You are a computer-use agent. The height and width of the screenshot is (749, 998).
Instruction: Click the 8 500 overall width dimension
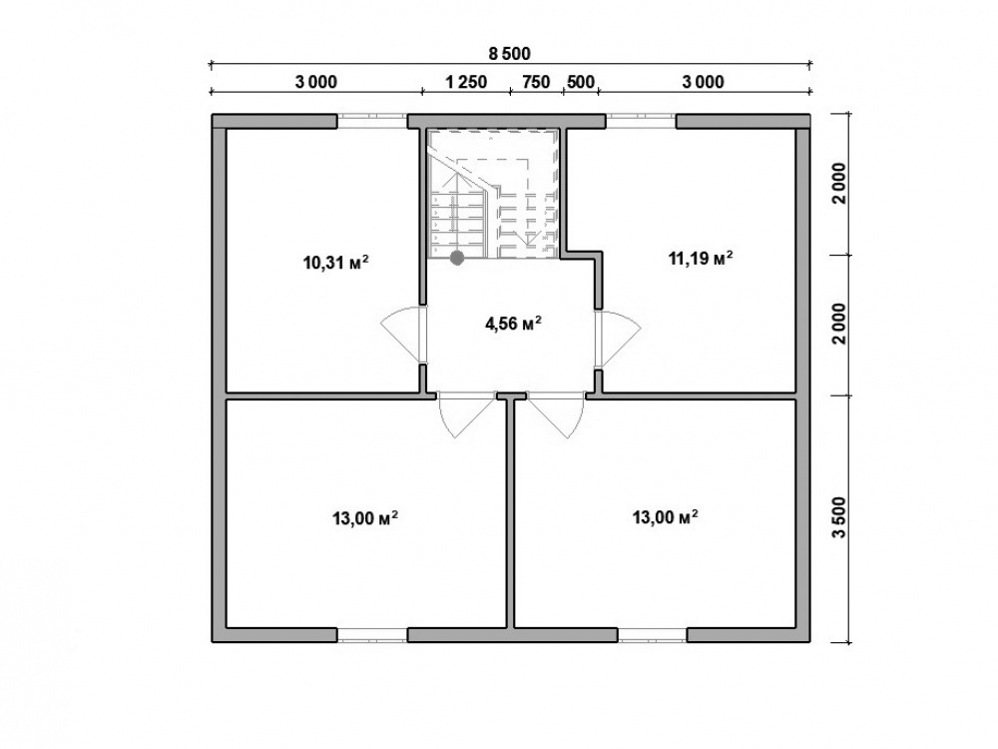[509, 54]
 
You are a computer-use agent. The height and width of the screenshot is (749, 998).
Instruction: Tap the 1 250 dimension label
[466, 82]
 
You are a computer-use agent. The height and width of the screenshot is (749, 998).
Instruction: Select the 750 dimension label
[536, 82]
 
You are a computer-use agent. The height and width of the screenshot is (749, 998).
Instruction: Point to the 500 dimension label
[581, 82]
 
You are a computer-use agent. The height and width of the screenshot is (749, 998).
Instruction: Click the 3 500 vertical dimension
[840, 517]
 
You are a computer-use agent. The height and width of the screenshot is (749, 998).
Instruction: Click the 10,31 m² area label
[336, 262]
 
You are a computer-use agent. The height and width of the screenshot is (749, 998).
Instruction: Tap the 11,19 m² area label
[701, 258]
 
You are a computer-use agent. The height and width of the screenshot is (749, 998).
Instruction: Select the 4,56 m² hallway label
[513, 324]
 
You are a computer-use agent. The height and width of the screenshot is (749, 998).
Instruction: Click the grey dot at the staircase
[456, 258]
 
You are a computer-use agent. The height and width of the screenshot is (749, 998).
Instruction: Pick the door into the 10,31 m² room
[402, 336]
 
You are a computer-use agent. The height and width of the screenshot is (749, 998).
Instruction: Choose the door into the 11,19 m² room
[618, 339]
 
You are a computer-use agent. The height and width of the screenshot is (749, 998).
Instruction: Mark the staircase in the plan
[493, 194]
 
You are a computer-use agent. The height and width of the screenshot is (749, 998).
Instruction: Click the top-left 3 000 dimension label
[316, 82]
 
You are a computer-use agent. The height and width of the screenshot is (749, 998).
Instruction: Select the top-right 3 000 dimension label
[704, 82]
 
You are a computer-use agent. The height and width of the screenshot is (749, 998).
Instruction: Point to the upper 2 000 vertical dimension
[840, 184]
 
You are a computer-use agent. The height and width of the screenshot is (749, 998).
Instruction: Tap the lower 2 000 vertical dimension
[840, 324]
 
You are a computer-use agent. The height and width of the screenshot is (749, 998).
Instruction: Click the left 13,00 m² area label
[365, 518]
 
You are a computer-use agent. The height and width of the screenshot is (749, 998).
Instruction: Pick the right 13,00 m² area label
[665, 517]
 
